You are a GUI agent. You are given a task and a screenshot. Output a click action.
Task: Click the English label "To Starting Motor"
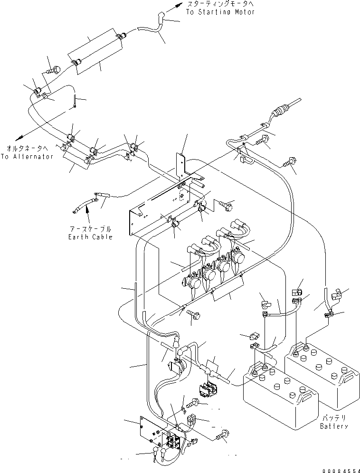[x=220, y=12]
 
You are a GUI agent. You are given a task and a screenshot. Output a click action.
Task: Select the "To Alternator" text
[x=27, y=156]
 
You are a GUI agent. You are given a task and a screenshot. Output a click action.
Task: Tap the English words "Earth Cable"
[x=90, y=237]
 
